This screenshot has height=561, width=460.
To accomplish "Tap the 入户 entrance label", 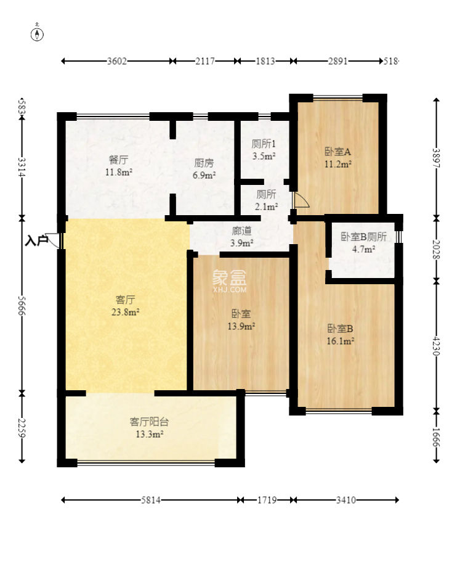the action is click(36, 240).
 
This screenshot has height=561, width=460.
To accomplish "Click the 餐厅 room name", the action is click(118, 160).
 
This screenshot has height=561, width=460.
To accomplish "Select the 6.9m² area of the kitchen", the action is click(204, 175).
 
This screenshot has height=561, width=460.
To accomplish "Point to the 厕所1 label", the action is click(264, 144).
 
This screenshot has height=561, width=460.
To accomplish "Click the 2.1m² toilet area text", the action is click(267, 207).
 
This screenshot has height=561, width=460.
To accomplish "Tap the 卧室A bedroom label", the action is click(337, 152).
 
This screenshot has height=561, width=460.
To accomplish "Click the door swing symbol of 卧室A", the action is click(301, 200).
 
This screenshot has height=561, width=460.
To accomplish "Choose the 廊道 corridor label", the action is click(241, 231).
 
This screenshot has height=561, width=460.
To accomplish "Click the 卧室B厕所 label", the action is click(363, 237).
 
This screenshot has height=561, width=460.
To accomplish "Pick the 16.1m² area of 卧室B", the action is click(341, 341).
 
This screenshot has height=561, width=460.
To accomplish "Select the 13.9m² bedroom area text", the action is click(241, 326).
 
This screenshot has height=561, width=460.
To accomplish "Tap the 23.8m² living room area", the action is click(125, 312).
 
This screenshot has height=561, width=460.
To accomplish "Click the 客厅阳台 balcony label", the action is click(150, 422).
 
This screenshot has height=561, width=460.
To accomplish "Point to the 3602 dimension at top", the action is click(117, 61).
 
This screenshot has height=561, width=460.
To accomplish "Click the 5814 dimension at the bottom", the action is click(150, 500).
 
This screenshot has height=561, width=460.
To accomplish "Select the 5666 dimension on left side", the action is click(22, 306).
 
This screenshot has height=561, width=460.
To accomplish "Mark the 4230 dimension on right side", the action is click(436, 345).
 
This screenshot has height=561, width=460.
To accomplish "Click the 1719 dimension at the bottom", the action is click(267, 500).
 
